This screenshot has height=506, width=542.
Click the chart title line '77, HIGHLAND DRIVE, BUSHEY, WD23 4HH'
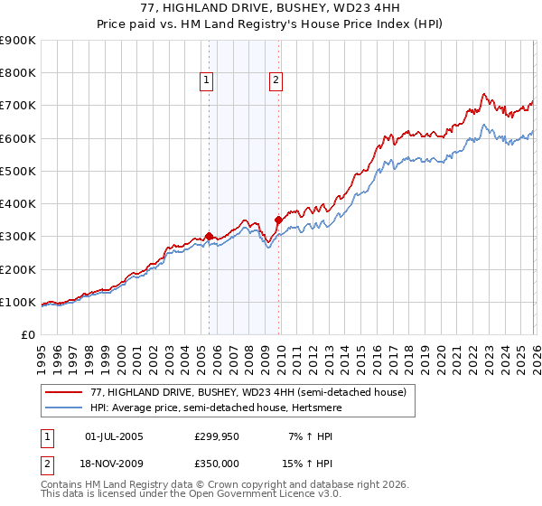(271, 8)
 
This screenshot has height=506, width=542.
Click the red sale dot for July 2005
(209, 237)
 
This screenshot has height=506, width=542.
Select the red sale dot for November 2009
(278, 220)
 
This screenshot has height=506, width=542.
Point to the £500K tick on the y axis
(18, 171)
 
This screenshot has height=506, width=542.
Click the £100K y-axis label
(18, 302)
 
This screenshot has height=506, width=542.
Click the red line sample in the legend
(64, 393)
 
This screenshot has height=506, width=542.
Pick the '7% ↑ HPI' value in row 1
(309, 436)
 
